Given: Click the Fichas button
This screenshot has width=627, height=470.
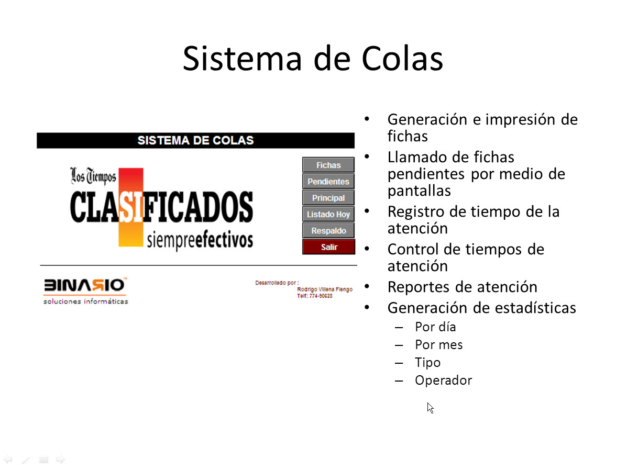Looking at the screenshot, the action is coord(328,165).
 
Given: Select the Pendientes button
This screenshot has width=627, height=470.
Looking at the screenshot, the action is coord(328,182).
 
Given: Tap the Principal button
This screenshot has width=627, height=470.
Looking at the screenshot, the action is coord(328,198).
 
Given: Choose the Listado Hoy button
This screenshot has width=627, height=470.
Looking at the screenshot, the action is coord(328,214).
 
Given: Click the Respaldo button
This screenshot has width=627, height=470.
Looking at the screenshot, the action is coord(328,231).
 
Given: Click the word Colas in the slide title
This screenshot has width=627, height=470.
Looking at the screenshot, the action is coord(402,58).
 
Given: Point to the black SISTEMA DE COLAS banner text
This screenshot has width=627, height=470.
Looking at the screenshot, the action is coord(195,140).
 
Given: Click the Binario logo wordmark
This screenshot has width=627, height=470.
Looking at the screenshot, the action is coord(85,285).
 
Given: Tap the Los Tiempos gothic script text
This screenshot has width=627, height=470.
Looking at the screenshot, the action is coord(93,176).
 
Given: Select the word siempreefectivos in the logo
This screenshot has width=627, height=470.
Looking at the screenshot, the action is coord(200,239).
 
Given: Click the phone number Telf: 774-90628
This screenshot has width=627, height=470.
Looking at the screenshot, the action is coord(314,296).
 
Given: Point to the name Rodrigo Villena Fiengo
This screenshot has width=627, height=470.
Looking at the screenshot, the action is coord(325,289).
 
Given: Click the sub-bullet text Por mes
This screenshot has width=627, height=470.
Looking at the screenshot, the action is coord(438,344).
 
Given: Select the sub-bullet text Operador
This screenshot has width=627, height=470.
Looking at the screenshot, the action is coord(444,380).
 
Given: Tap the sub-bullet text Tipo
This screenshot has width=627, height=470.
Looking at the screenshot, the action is coord(427,363).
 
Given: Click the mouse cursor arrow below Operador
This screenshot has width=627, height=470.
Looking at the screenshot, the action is coord(430,408).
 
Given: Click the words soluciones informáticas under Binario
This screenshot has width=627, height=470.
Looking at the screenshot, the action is coord(85,301).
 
